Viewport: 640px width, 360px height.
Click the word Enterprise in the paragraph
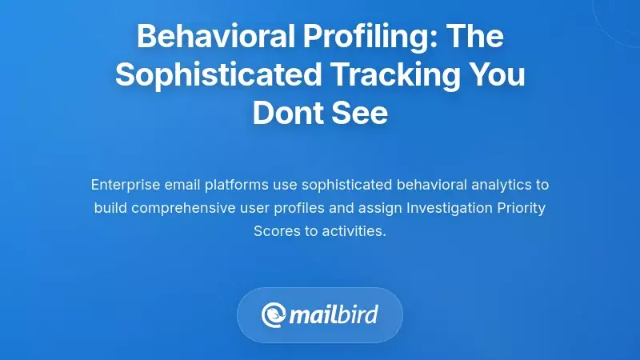coord(125,185)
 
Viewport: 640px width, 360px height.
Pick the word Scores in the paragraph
coord(274,232)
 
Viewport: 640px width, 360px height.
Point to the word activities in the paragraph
coord(352,232)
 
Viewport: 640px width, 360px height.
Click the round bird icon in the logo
coord(274,314)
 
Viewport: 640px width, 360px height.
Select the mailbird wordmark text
coord(334,314)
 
